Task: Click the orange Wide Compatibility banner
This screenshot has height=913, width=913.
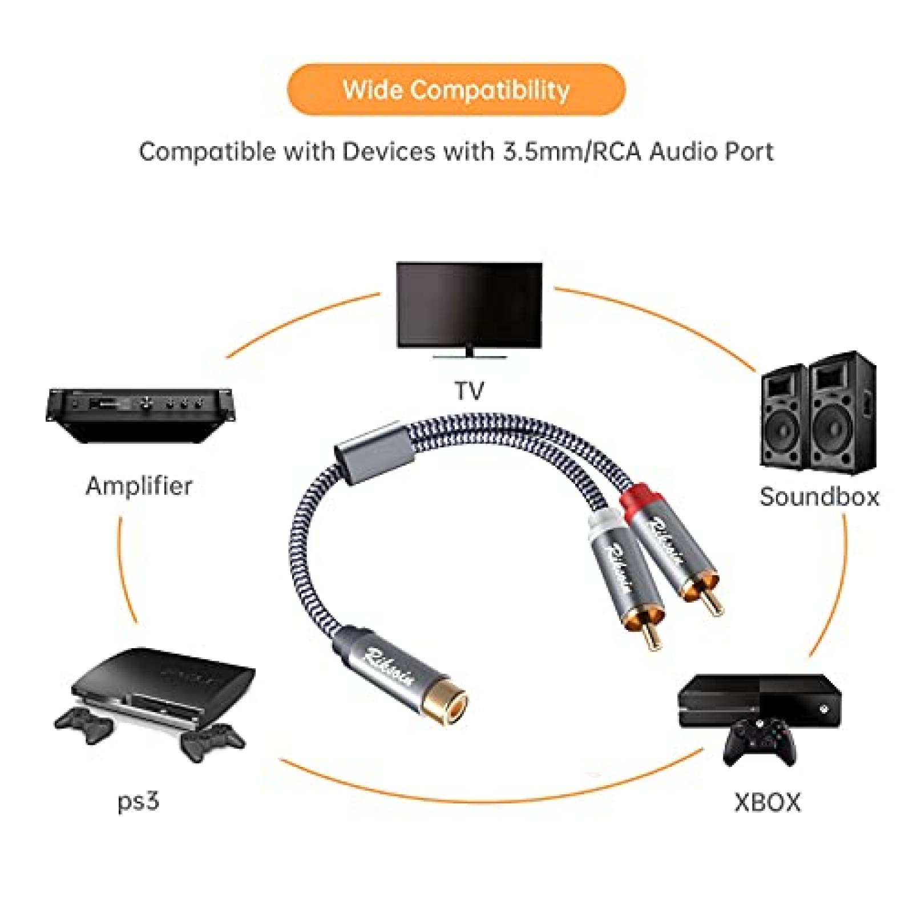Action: click(x=456, y=90)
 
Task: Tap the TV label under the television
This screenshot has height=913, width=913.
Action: click(x=469, y=391)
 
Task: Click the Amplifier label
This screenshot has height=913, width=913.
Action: click(x=139, y=486)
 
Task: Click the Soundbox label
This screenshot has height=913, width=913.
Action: click(x=819, y=496)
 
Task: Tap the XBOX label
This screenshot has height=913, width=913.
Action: click(x=767, y=802)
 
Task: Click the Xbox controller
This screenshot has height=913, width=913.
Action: click(x=759, y=742)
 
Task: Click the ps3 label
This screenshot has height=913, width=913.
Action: click(x=138, y=801)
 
